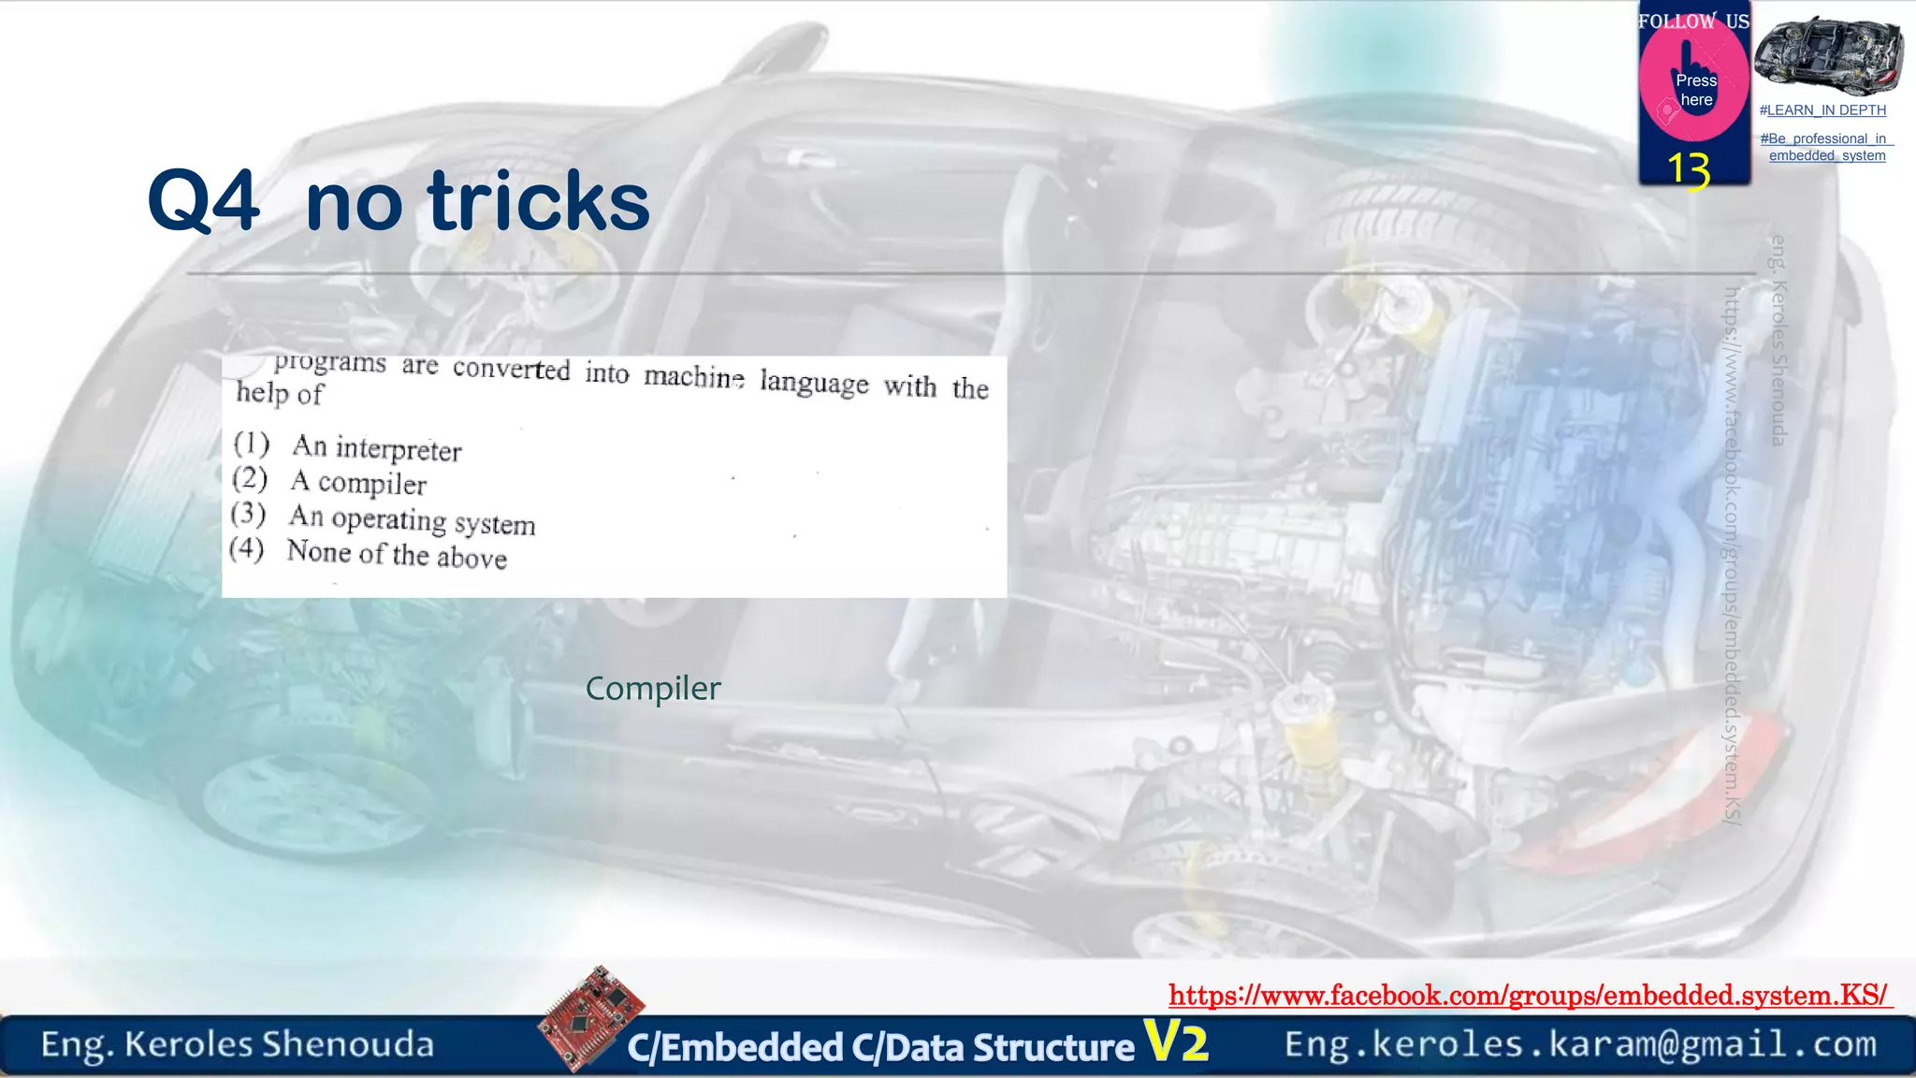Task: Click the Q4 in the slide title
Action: [x=203, y=201]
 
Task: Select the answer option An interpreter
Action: [x=377, y=448]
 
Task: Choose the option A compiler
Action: [x=358, y=483]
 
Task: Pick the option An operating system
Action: [x=412, y=520]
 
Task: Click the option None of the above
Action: [x=397, y=555]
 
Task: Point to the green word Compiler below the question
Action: [x=653, y=689]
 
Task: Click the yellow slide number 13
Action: [x=1689, y=170]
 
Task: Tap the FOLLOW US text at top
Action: [x=1693, y=22]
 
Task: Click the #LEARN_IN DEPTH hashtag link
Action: [x=1822, y=110]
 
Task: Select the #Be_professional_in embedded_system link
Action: [x=1826, y=147]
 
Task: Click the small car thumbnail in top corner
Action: [x=1828, y=56]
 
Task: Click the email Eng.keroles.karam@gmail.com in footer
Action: [x=1580, y=1044]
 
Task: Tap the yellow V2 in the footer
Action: [x=1176, y=1042]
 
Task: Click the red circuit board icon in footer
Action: [x=591, y=1019]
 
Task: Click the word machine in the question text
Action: [x=694, y=376]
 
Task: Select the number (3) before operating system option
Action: [x=248, y=513]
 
